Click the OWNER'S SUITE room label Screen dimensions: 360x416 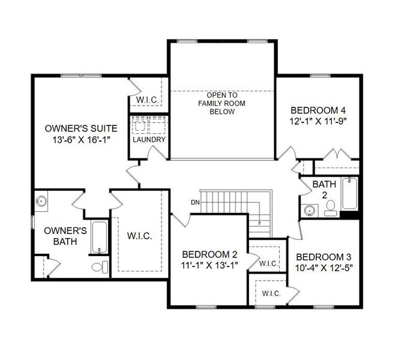(x=81, y=128)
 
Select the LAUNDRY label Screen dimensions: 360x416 (x=149, y=140)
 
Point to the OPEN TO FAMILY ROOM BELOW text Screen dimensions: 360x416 (x=222, y=103)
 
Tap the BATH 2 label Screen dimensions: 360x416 (x=321, y=190)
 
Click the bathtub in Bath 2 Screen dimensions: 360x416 (x=349, y=194)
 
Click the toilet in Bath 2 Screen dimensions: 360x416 (x=330, y=208)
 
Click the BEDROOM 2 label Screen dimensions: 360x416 (x=206, y=254)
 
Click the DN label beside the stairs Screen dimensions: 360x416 (x=194, y=202)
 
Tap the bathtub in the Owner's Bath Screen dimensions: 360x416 (x=100, y=238)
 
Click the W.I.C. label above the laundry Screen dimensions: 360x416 (x=147, y=99)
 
